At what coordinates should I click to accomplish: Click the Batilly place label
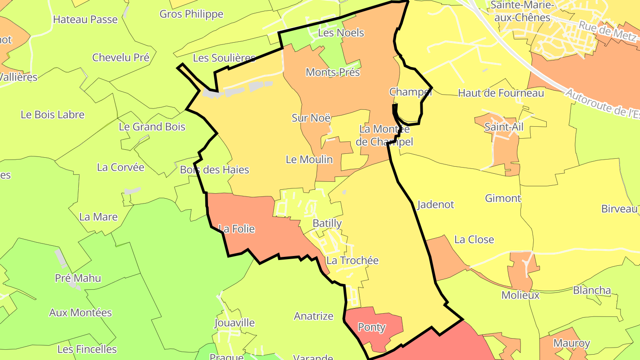point(327,223)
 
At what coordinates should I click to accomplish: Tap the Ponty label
point(372,328)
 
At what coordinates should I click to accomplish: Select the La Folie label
point(237,229)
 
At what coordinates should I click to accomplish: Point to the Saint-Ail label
point(504,127)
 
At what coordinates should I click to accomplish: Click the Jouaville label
point(234,323)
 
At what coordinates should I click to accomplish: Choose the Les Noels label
point(341,33)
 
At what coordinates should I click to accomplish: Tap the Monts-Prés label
point(332,72)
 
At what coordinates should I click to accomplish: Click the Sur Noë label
point(311,118)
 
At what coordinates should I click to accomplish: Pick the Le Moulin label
point(309,160)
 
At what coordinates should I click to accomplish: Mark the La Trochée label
point(352,260)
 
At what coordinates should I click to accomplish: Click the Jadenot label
point(436,204)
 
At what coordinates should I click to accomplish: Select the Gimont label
point(503,198)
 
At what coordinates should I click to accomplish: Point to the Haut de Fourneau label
point(501,93)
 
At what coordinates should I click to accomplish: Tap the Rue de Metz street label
point(607,32)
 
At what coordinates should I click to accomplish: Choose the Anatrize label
point(313,316)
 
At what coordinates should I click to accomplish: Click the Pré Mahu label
point(78,279)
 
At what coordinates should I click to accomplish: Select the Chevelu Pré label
point(120,57)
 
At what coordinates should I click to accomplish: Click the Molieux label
point(520,295)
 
